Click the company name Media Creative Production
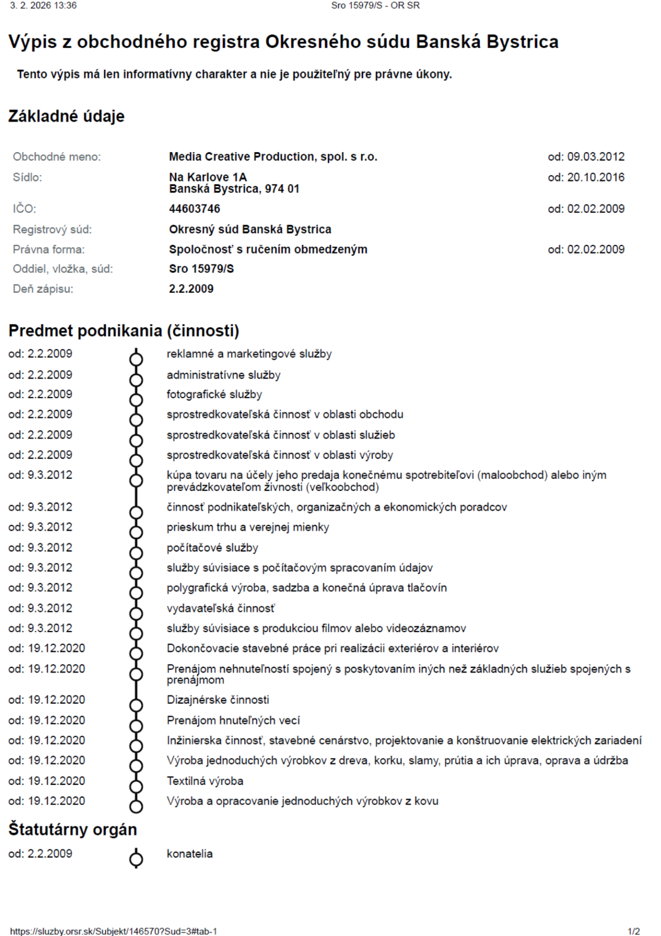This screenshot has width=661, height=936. (273, 156)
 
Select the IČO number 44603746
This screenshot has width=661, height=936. (194, 209)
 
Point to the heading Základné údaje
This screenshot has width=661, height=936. (67, 116)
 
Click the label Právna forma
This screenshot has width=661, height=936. (49, 249)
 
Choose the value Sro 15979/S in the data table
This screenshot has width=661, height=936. (201, 269)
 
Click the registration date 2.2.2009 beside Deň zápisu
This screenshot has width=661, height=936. (191, 289)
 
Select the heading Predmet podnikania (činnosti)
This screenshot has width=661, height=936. (124, 331)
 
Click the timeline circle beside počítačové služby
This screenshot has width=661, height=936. (136, 553)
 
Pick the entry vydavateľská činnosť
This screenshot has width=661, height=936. (221, 608)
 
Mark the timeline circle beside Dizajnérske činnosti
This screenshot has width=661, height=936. (136, 705)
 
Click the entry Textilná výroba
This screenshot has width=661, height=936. (205, 780)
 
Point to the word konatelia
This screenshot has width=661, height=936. (189, 854)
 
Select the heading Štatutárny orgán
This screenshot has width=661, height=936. (73, 829)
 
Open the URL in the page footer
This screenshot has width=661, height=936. (113, 931)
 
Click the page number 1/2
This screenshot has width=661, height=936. (634, 931)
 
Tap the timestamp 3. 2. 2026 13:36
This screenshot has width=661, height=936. (43, 5)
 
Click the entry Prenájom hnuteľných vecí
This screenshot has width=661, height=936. (233, 720)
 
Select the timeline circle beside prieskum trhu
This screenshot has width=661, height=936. (136, 532)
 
